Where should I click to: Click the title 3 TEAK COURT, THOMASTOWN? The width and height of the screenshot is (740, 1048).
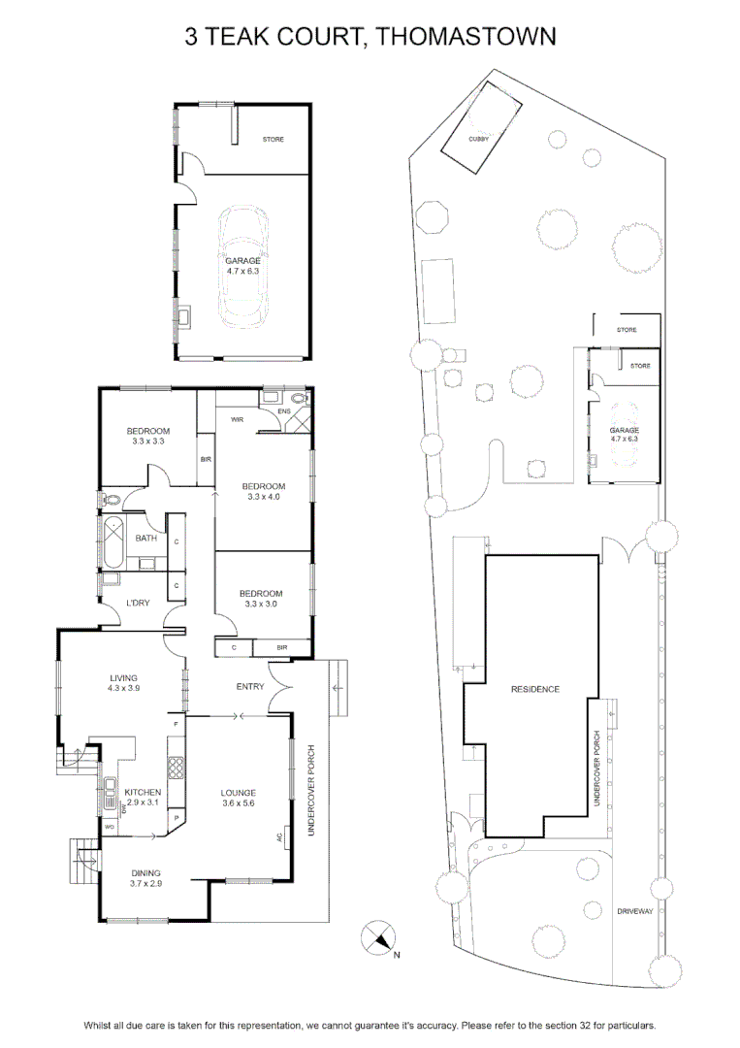click(x=370, y=36)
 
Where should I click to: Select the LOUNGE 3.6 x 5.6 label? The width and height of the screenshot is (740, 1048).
click(x=239, y=798)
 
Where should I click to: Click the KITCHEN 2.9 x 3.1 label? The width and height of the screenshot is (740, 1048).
click(x=143, y=798)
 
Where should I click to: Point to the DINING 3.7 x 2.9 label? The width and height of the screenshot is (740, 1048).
click(x=145, y=877)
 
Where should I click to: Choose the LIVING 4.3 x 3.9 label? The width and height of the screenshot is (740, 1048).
click(x=123, y=682)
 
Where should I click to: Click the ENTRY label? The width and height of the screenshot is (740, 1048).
click(x=250, y=686)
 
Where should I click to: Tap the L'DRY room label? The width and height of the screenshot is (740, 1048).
click(x=138, y=603)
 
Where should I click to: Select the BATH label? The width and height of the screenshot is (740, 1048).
click(x=146, y=538)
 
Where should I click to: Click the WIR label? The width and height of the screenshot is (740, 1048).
click(x=237, y=420)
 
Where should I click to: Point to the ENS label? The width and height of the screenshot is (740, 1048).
click(x=284, y=411)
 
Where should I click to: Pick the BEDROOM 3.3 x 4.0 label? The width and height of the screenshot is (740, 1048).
click(x=263, y=491)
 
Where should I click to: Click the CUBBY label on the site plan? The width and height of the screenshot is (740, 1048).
click(x=478, y=139)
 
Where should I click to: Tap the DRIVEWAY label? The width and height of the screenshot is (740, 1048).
click(x=635, y=911)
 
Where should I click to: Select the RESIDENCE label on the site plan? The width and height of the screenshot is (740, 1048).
click(x=535, y=689)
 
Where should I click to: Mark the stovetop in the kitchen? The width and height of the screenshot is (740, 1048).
click(x=177, y=768)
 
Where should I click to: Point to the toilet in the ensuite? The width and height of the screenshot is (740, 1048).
click(x=302, y=399)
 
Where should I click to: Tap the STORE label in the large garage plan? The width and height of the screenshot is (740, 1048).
click(x=273, y=139)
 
